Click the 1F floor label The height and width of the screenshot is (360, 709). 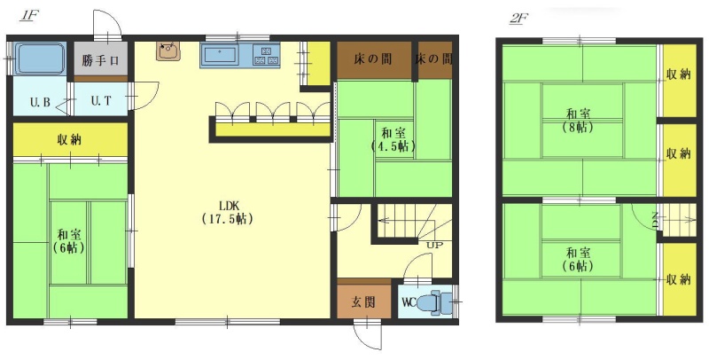[30, 15]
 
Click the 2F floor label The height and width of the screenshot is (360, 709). [518, 19]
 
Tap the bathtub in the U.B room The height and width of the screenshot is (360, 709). [40, 59]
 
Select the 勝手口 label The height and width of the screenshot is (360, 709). [101, 60]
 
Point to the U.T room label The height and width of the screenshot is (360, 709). [101, 101]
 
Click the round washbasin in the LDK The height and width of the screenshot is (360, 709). [168, 51]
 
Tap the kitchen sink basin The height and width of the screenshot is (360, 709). [220, 55]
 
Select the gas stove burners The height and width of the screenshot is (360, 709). [266, 55]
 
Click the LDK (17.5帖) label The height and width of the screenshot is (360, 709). [227, 212]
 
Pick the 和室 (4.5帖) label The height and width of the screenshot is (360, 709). [393, 139]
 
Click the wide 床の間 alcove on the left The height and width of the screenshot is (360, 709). [374, 60]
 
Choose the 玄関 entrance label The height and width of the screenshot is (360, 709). [363, 301]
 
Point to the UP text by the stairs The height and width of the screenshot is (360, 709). [434, 246]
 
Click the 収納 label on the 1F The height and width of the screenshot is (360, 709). [69, 140]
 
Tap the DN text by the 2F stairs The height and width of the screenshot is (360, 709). [655, 221]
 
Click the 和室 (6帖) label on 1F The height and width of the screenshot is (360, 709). [69, 241]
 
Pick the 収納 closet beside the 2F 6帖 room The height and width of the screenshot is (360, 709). [679, 279]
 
